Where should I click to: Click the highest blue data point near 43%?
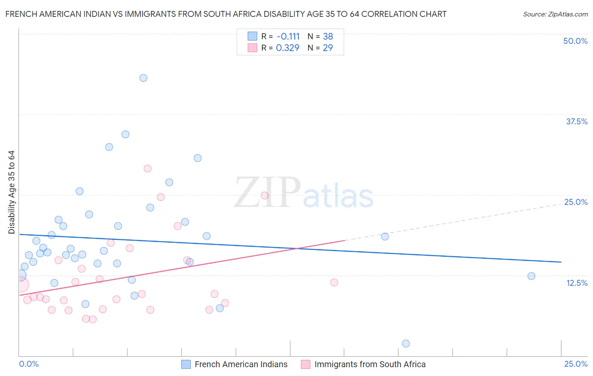(143, 78)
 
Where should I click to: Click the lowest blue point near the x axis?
(406, 344)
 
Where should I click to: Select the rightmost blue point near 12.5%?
(531, 276)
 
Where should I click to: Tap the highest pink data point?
(148, 169)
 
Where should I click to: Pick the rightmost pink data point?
(334, 282)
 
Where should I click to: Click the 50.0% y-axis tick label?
(575, 41)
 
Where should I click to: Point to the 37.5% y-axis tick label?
(577, 121)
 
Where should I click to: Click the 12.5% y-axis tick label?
(577, 283)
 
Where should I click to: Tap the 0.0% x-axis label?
(29, 364)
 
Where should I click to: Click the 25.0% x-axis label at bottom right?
(576, 364)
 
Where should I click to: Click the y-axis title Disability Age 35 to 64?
(11, 192)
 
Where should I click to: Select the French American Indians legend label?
(241, 364)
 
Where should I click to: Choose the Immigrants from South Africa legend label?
(370, 364)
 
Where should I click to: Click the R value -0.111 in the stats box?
(288, 36)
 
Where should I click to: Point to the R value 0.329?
(288, 48)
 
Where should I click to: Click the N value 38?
(328, 36)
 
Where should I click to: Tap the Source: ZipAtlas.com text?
(555, 14)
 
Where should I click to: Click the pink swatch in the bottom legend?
(305, 364)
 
